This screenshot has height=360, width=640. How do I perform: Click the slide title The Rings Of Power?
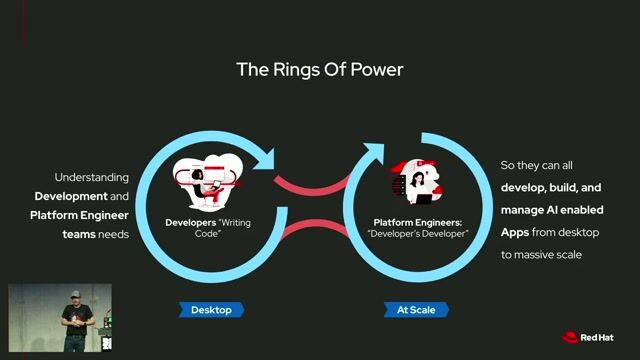pyautogui.click(x=320, y=69)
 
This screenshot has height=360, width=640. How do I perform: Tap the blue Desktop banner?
pyautogui.click(x=211, y=310)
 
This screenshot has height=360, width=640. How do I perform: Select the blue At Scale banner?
pyautogui.click(x=416, y=310)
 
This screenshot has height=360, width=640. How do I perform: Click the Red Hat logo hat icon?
pyautogui.click(x=570, y=337)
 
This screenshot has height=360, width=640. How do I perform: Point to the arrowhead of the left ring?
pyautogui.click(x=265, y=160)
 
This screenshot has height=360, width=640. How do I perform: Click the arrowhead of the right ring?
pyautogui.click(x=374, y=153)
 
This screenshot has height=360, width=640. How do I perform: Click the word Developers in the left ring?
pyautogui.click(x=191, y=222)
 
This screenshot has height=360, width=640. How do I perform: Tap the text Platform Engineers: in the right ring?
pyautogui.click(x=418, y=222)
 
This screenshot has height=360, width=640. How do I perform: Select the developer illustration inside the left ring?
pyautogui.click(x=208, y=181)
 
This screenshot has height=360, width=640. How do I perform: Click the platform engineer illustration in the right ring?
pyautogui.click(x=416, y=182)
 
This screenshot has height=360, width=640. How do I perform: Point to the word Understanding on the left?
pyautogui.click(x=91, y=178)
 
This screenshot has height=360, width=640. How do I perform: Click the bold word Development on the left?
pyautogui.click(x=71, y=196)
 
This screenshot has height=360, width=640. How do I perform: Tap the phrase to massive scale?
pyautogui.click(x=541, y=255)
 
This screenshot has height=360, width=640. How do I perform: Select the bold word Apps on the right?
pyautogui.click(x=515, y=233)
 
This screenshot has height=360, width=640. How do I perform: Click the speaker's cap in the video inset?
pyautogui.click(x=75, y=294)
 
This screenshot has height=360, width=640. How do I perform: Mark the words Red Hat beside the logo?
pyautogui.click(x=597, y=338)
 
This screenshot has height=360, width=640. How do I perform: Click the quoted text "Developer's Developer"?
pyautogui.click(x=418, y=234)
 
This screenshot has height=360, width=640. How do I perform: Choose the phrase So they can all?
pyautogui.click(x=536, y=165)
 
